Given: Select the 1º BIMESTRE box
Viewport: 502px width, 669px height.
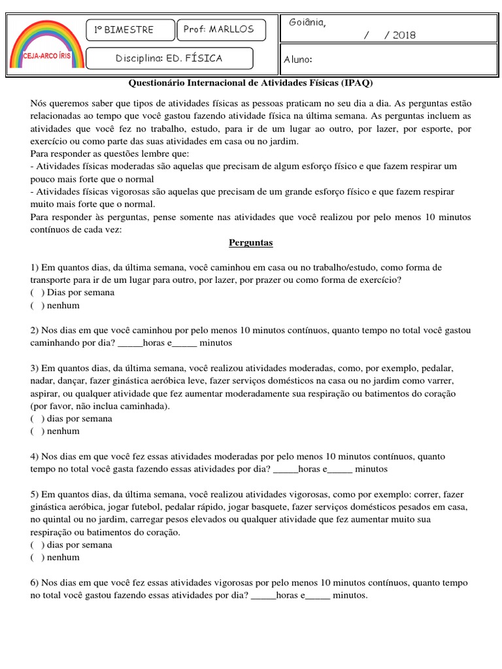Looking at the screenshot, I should click(131, 30).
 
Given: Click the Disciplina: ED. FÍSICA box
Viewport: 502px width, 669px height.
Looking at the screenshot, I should click(169, 59).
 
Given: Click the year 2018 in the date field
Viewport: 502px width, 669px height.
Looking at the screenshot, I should click(405, 35).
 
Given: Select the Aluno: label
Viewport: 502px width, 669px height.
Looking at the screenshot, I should click(298, 60).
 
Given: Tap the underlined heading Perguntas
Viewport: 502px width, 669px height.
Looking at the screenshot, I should click(250, 243).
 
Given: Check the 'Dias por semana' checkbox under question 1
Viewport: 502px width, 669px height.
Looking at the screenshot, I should click(37, 293).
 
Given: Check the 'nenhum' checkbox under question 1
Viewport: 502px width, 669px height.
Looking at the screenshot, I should click(37, 305).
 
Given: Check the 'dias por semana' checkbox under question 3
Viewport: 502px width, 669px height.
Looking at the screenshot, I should click(37, 419).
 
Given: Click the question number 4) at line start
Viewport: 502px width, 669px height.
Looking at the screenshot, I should click(35, 457).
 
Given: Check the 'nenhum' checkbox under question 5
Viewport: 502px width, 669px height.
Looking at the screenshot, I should click(37, 557).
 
